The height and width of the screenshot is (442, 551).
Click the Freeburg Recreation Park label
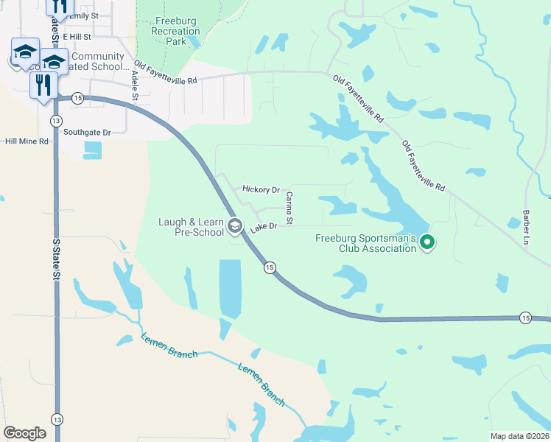pos(176,32)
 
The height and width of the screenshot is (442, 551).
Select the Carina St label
pos(289,208)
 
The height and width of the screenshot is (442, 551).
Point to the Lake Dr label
pos(263,227)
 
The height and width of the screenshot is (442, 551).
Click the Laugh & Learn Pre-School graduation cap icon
pos(235,225)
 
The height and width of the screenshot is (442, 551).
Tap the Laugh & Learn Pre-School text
pos(192,226)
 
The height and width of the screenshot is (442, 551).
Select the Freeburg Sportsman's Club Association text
pos(365,243)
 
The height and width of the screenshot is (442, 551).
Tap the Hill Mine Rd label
pos(27,141)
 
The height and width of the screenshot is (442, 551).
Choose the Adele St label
pos(135,85)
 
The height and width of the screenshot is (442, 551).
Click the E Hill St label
pos(76,36)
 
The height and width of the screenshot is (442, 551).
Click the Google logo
pos(24,433)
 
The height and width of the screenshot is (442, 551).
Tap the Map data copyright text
pos(519,436)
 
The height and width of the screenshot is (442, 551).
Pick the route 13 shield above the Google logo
pos(57,418)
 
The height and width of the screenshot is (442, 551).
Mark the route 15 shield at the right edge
pos(524,318)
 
